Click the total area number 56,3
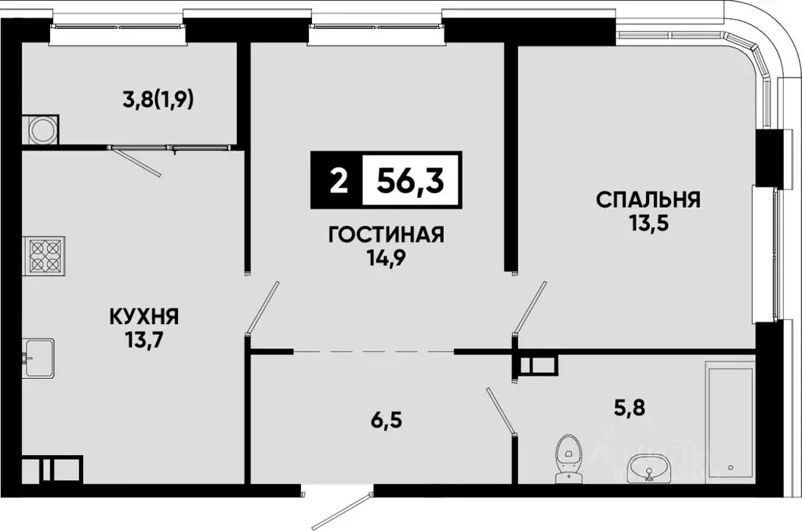411,181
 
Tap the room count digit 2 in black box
338,181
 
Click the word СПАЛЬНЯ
648,199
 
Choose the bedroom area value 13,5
648,222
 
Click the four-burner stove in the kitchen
45,255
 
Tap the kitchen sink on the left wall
38,358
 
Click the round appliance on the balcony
40,129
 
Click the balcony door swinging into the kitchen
137,162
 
